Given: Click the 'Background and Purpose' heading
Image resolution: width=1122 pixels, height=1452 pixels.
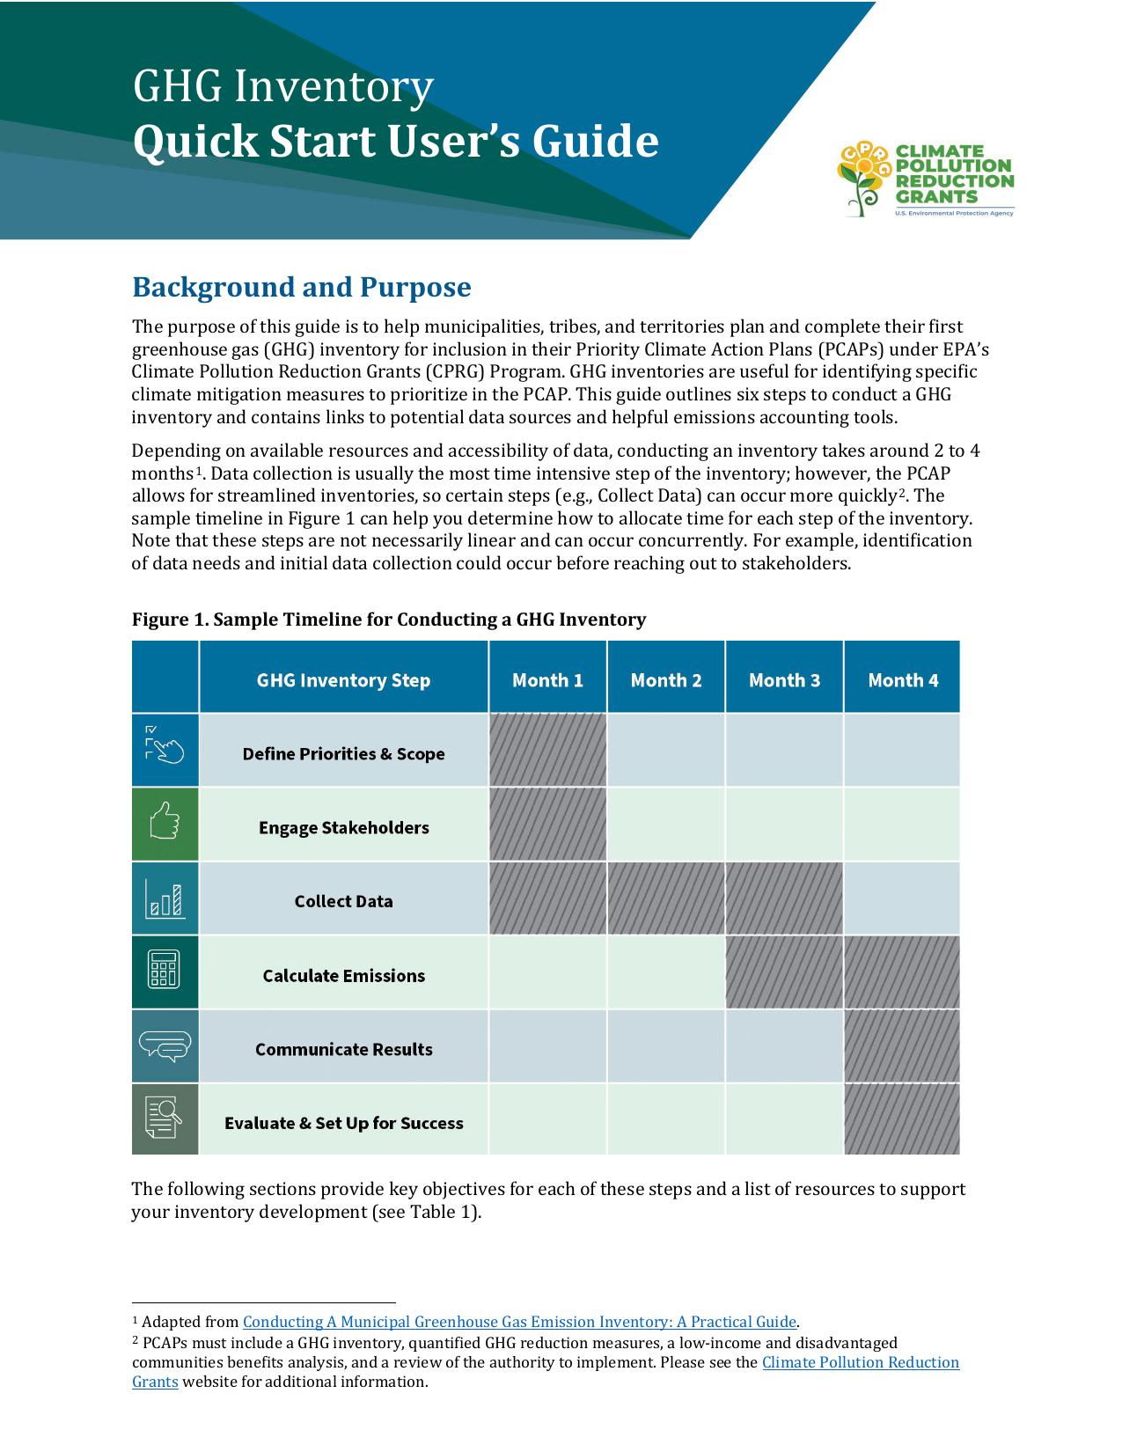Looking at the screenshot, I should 301,287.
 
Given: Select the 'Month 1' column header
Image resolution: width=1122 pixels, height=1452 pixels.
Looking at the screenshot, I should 547,680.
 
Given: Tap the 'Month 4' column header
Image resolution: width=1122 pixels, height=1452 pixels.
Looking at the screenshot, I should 903,680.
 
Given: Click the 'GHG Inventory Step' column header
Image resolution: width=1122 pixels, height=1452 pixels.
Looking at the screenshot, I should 343,680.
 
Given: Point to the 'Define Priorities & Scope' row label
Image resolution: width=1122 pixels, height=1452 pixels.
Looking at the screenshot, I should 343,754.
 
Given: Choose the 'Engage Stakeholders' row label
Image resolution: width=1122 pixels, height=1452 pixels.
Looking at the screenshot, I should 343,828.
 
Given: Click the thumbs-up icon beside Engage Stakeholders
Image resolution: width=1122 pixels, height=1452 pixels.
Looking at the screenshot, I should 165,824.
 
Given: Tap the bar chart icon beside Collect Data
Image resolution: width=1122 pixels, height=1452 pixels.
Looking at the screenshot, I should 165,898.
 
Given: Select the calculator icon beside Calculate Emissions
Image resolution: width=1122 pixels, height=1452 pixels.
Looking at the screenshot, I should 165,972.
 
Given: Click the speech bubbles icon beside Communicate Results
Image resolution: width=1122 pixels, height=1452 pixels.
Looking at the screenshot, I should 165,1045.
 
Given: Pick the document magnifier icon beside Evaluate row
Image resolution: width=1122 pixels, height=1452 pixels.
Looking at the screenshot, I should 165,1119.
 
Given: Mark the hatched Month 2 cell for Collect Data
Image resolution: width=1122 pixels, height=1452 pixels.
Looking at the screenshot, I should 666,898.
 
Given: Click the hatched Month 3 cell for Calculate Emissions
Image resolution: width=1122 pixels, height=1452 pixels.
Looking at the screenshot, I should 784,972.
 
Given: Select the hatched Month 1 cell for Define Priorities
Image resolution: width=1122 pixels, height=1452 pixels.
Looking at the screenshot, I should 547,750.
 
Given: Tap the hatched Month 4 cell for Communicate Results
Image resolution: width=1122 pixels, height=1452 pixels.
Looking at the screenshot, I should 902,1046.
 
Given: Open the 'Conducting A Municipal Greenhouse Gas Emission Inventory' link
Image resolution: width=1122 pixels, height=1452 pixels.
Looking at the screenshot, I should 519,1322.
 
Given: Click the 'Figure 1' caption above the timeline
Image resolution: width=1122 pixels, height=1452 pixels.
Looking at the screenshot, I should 388,620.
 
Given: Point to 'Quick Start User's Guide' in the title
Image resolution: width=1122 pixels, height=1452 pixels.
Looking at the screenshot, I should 395,142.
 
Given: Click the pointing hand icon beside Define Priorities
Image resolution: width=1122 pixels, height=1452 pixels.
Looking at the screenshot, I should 165,748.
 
